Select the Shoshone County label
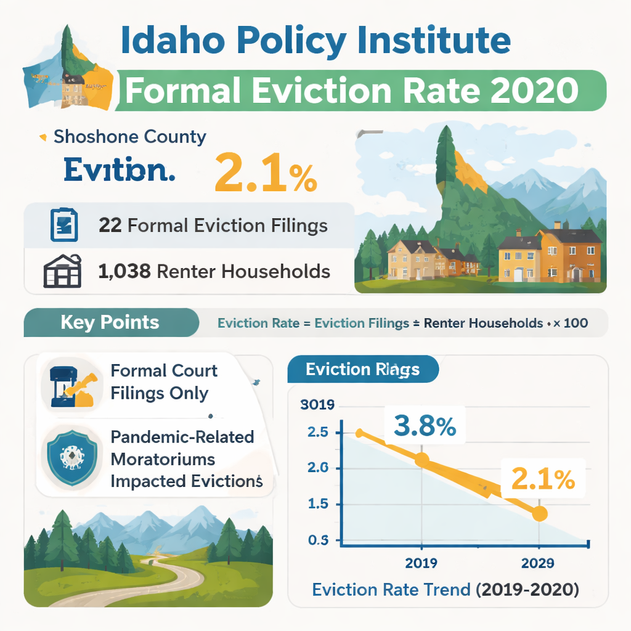pyautogui.click(x=129, y=136)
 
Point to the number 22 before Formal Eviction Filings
pyautogui.click(x=110, y=226)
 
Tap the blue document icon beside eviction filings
pyautogui.click(x=63, y=226)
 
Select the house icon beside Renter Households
pyautogui.click(x=62, y=271)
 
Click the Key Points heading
pyautogui.click(x=110, y=322)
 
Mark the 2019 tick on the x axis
pyautogui.click(x=421, y=563)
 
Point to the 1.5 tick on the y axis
pyautogui.click(x=317, y=505)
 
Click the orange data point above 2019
pyautogui.click(x=421, y=459)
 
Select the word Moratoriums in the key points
pyautogui.click(x=163, y=459)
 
